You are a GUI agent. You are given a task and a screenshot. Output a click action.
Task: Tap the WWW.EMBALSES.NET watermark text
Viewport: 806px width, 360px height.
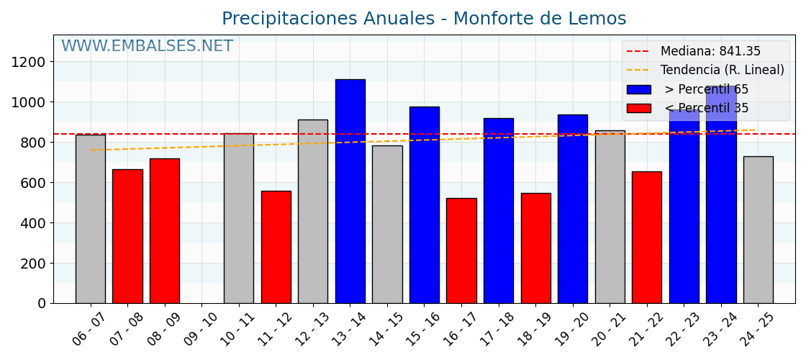(147, 47)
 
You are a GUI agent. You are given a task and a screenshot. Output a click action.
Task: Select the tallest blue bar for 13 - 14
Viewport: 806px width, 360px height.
(350, 191)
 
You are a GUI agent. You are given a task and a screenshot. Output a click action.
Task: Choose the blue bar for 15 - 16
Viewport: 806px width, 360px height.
(424, 204)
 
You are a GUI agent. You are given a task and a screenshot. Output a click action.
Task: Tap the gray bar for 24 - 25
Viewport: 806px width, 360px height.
(758, 230)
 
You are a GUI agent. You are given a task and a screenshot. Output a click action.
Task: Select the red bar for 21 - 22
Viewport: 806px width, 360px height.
(646, 237)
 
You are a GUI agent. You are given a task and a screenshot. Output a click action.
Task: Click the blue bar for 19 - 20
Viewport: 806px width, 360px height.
(572, 209)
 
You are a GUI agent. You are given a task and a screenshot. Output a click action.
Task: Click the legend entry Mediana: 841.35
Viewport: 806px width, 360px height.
(710, 52)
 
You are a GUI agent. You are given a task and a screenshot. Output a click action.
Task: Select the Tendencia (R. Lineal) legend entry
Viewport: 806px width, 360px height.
(722, 71)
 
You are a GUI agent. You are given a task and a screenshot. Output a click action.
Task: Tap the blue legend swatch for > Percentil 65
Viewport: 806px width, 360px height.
(638, 89)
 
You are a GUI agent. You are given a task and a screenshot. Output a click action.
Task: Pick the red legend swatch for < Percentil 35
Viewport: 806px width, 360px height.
(638, 108)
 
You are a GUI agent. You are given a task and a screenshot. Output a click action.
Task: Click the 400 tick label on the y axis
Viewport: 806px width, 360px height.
(32, 223)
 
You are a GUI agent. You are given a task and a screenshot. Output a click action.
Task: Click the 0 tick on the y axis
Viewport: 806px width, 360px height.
(41, 303)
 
